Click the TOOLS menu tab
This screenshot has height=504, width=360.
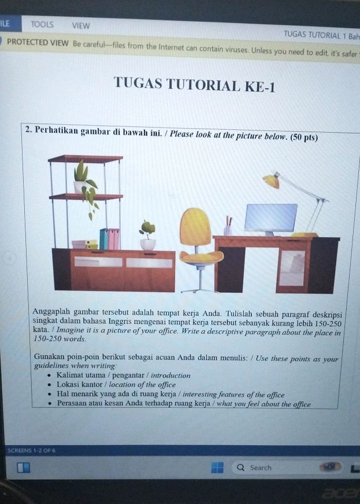[42, 25]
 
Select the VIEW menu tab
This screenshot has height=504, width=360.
[81, 26]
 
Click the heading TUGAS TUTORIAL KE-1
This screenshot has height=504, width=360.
[195, 86]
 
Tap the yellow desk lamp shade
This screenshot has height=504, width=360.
[270, 181]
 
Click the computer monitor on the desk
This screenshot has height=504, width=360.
[270, 218]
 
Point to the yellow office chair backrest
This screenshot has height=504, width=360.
[196, 227]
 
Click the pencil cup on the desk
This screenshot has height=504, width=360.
[228, 229]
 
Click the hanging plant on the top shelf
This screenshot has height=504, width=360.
[86, 185]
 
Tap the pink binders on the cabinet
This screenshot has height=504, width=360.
[113, 238]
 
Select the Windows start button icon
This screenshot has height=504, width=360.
[217, 467]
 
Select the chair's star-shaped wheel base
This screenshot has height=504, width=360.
[199, 286]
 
